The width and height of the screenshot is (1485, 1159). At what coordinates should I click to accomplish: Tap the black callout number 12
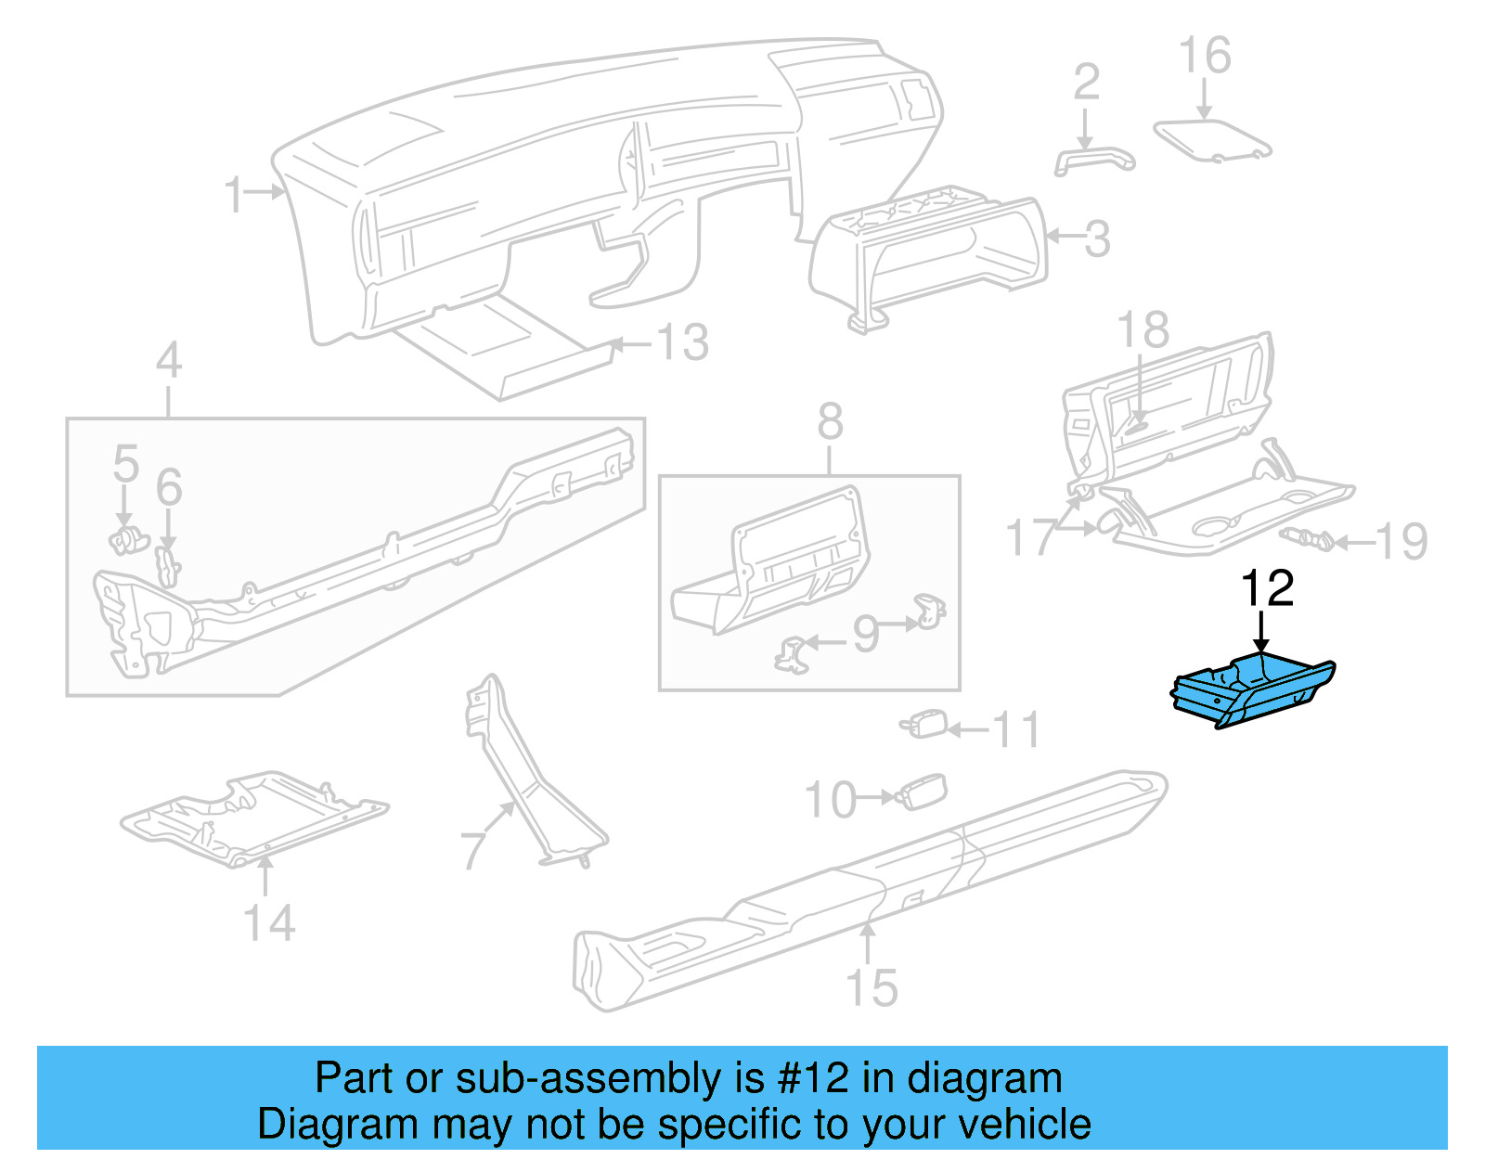(1267, 589)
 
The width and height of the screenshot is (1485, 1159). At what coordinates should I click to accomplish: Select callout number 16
(1205, 56)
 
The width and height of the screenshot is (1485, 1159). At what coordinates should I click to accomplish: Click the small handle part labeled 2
(1094, 159)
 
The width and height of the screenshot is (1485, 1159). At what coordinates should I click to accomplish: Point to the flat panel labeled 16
(1212, 139)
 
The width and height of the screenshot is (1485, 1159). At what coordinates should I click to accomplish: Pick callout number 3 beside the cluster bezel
(1098, 239)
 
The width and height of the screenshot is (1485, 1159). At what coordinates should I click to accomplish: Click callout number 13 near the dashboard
(683, 342)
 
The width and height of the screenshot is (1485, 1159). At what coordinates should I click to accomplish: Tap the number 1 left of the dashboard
(234, 195)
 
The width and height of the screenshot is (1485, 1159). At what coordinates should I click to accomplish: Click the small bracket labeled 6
(168, 566)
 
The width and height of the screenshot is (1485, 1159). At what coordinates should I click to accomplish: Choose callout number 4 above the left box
(168, 360)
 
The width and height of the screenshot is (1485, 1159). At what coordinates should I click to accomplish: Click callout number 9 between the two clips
(865, 635)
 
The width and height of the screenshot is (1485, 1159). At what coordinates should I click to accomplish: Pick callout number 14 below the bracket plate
(269, 922)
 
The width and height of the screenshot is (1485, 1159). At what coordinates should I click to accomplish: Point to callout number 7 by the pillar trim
(473, 849)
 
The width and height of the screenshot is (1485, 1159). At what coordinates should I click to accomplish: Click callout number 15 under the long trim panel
(872, 987)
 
